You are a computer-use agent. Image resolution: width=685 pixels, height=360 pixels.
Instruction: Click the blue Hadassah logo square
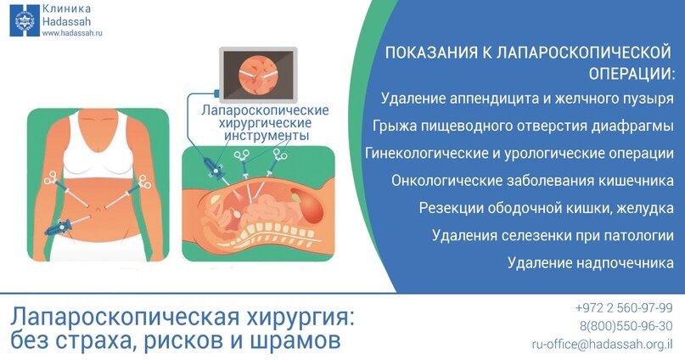(x=25, y=21)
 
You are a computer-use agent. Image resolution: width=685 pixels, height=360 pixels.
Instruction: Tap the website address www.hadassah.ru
(x=72, y=33)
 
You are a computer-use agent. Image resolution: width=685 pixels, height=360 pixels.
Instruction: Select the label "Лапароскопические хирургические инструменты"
(x=265, y=123)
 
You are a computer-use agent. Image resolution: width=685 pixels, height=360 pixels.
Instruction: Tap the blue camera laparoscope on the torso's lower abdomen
(x=59, y=228)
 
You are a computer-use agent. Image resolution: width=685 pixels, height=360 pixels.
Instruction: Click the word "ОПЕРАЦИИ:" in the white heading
(x=631, y=73)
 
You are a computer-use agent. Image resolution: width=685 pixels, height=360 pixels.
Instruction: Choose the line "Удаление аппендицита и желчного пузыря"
(x=527, y=98)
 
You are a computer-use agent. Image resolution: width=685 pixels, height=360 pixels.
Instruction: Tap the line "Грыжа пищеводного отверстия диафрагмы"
(x=523, y=126)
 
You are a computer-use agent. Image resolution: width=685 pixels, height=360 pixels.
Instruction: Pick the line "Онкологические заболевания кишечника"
(x=532, y=181)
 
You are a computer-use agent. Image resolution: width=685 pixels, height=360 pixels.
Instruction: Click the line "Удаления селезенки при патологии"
(x=553, y=235)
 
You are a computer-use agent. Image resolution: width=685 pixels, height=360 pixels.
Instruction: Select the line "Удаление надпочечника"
(x=591, y=262)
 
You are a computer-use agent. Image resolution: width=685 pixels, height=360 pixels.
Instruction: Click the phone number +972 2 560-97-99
(x=624, y=308)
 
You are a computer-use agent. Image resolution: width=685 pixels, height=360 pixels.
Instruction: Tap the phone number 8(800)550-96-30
(x=626, y=326)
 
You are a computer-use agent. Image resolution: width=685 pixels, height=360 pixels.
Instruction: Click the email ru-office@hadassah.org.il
(x=602, y=344)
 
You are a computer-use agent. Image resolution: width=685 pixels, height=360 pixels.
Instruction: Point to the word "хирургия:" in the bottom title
(x=300, y=318)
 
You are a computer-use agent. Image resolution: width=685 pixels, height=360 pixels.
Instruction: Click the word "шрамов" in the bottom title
(x=295, y=340)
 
